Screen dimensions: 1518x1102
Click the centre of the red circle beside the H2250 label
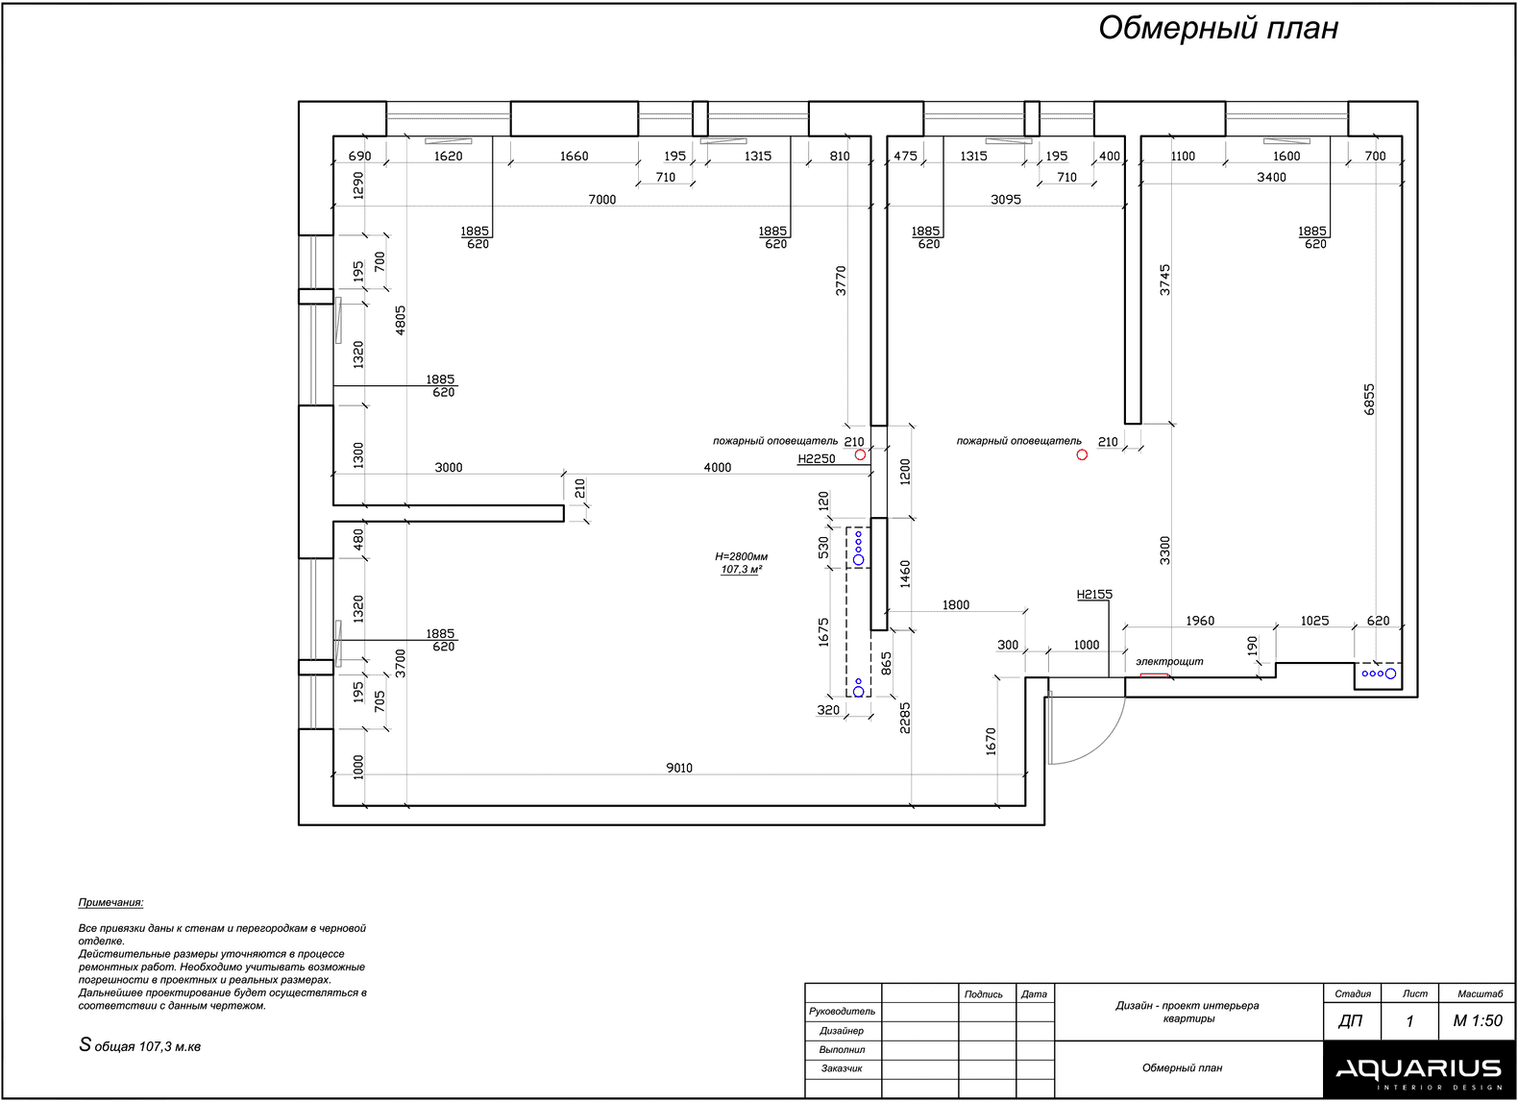[860, 454]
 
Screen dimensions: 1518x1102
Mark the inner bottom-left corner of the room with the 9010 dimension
[333, 805]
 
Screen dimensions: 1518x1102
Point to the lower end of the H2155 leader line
[1109, 677]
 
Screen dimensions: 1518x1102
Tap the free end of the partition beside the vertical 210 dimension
[563, 513]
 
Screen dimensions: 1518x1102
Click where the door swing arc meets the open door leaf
[1050, 764]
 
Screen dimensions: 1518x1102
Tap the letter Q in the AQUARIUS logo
[1373, 1069]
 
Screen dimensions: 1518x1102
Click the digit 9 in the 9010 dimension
[670, 768]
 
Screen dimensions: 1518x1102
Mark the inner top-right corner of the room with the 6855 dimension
[1402, 136]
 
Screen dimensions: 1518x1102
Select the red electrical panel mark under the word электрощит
[1154, 675]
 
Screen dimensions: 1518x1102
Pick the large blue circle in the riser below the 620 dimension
[1390, 673]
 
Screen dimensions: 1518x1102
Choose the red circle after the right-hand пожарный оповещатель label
[1082, 454]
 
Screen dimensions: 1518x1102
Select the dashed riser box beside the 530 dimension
[858, 548]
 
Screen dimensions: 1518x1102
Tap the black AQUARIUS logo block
[1419, 1069]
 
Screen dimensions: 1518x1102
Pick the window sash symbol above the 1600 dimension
[1286, 141]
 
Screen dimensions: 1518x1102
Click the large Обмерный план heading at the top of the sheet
[1218, 29]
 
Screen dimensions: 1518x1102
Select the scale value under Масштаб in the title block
[1478, 1020]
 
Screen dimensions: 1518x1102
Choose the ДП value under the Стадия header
[1350, 1021]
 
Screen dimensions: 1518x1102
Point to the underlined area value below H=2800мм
[741, 570]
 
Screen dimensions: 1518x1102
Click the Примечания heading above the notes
[110, 903]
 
